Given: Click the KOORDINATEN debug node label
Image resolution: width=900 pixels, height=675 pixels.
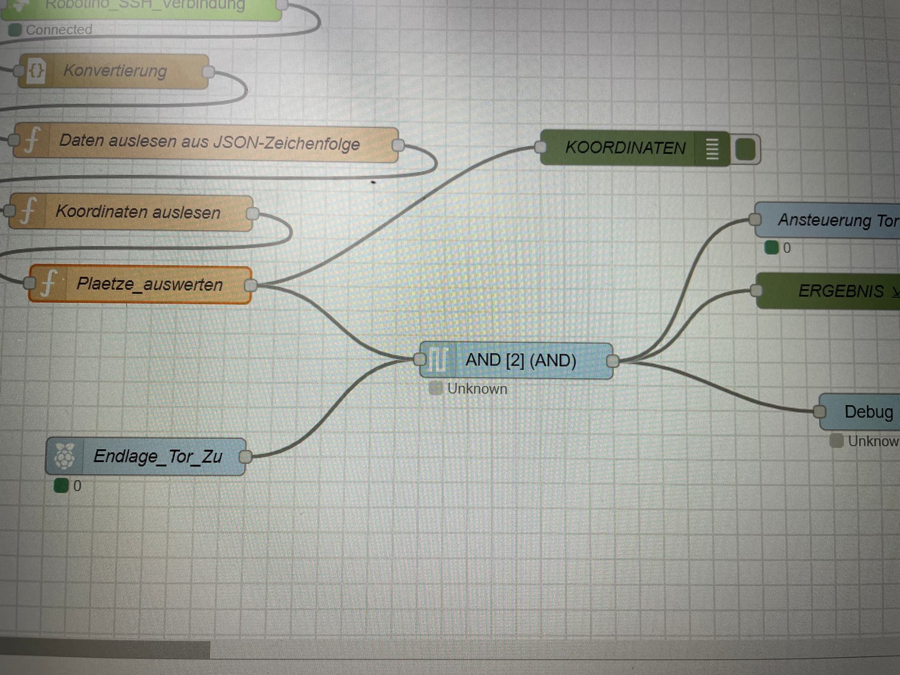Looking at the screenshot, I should click(x=625, y=148).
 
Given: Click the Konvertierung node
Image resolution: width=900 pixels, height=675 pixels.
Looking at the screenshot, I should click(x=115, y=71).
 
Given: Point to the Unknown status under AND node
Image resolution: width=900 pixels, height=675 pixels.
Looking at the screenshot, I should click(x=477, y=389).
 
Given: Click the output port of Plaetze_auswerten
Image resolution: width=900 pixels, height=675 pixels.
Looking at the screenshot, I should click(x=251, y=285).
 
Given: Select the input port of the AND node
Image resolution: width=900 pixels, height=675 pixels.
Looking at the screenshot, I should click(x=420, y=360).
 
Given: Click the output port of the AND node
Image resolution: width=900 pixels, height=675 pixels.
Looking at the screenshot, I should click(x=613, y=361).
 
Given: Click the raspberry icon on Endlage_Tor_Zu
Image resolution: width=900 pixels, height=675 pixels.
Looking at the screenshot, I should click(x=64, y=456).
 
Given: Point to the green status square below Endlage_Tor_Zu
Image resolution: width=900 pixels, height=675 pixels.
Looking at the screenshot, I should click(x=61, y=486).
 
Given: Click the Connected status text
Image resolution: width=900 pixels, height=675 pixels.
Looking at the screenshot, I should click(x=59, y=30).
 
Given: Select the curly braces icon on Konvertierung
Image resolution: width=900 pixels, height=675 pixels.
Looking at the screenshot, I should click(x=36, y=71).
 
